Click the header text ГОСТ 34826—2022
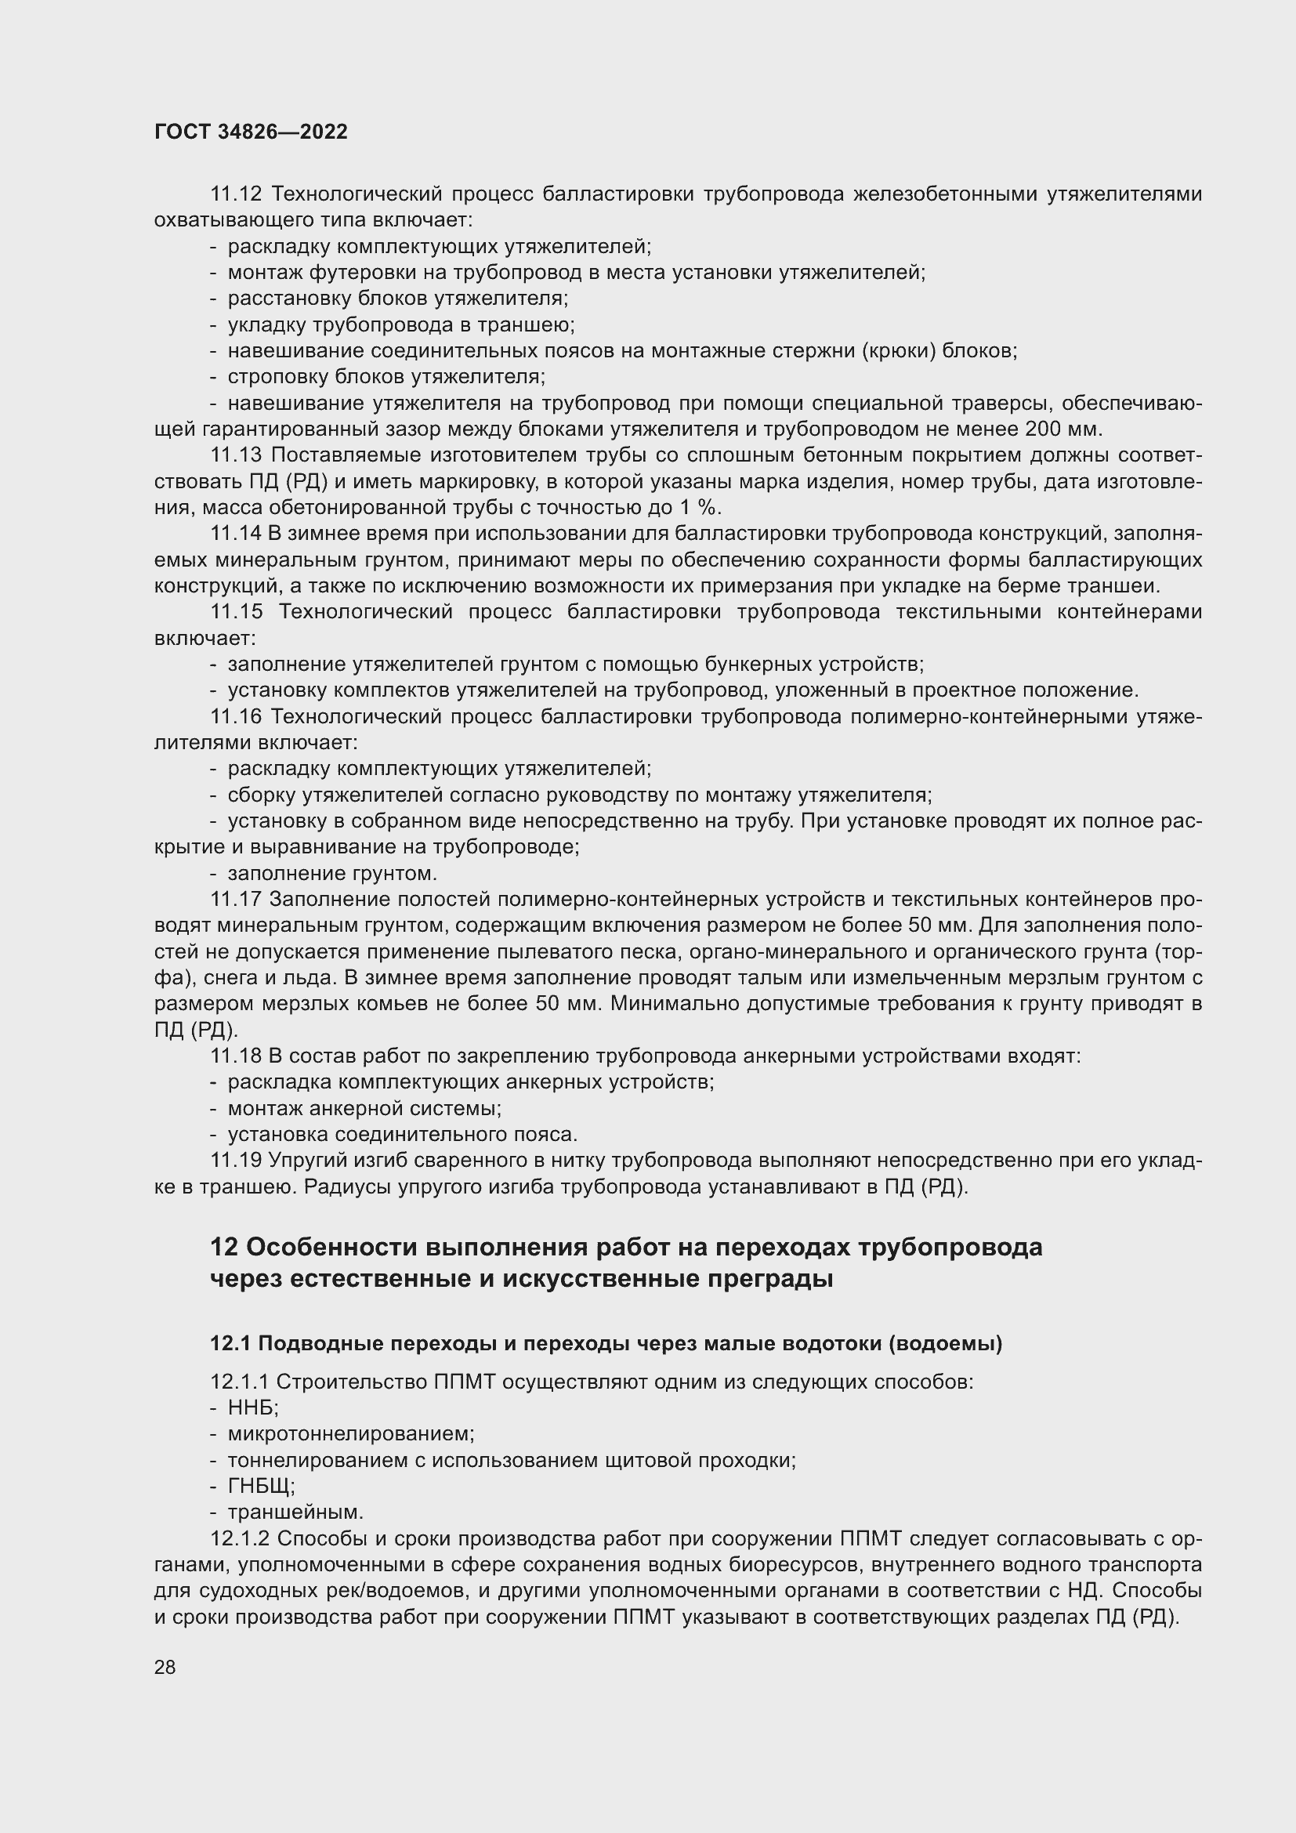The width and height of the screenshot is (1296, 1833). click(251, 132)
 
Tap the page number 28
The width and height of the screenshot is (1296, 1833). click(165, 1667)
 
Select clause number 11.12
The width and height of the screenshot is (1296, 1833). click(235, 194)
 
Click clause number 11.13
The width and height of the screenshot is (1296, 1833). click(235, 456)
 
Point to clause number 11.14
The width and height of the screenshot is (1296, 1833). click(235, 534)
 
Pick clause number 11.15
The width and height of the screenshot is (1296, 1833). click(235, 612)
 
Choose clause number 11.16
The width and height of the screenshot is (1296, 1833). click(235, 717)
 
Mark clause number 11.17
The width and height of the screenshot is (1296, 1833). click(235, 900)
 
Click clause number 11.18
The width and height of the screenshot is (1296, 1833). click(235, 1056)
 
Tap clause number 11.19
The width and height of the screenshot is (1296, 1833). click(235, 1161)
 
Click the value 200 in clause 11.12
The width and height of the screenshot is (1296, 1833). click(1044, 429)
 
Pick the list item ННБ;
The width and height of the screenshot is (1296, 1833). click(253, 1407)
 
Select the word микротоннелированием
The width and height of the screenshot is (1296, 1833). click(351, 1434)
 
